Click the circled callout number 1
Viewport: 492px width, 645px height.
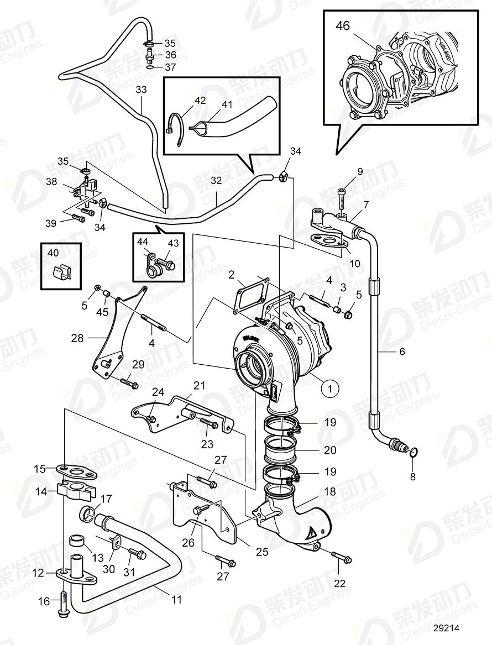click(330, 389)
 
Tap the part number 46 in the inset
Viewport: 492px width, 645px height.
click(343, 26)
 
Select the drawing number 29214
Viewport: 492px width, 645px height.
click(447, 628)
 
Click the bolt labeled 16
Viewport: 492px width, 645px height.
click(62, 601)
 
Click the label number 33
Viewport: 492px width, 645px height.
click(142, 89)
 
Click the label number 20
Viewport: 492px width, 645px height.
click(330, 450)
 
